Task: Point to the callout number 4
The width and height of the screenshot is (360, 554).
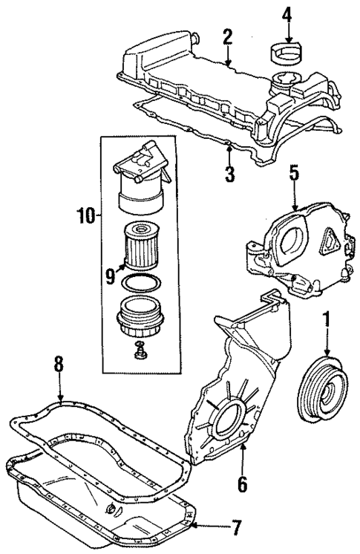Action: tap(287, 13)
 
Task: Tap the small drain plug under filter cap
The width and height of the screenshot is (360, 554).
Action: tap(138, 351)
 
